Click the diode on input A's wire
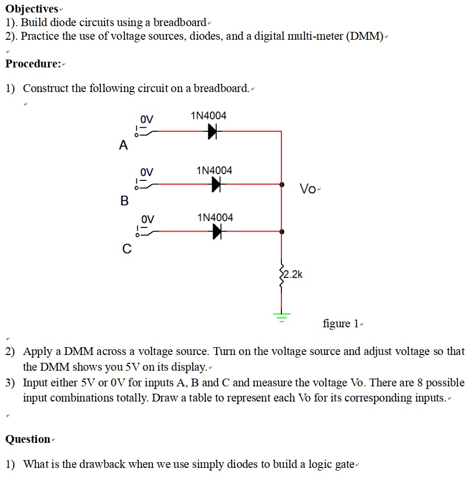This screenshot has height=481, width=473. click(212, 132)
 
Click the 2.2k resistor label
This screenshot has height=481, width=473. click(292, 274)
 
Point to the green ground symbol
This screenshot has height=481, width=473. click(282, 316)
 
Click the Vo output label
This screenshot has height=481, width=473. click(308, 189)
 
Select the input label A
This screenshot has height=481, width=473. click(123, 146)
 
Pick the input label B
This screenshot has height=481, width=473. click(124, 201)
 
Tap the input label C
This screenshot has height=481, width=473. click(126, 249)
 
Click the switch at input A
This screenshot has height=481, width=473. click(143, 132)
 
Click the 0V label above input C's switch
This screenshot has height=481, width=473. click(147, 218)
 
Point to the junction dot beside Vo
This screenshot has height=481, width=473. click(282, 185)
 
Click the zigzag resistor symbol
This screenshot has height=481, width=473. click(282, 276)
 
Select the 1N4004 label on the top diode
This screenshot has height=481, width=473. click(209, 116)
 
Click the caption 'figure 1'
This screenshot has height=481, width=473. click(340, 324)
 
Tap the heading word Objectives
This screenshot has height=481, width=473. click(31, 9)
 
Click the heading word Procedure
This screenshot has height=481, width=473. click(32, 64)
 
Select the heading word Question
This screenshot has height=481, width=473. click(28, 439)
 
